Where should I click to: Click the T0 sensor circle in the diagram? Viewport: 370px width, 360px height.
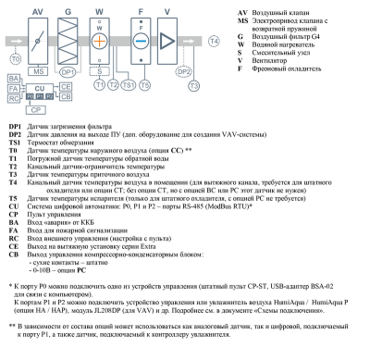tap(16, 59)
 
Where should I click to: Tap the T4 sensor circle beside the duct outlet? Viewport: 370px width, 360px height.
tap(214, 41)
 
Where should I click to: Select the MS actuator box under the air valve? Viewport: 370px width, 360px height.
tap(38, 71)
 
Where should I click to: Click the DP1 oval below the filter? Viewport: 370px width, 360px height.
tap(68, 72)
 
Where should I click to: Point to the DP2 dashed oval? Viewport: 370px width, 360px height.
tap(184, 72)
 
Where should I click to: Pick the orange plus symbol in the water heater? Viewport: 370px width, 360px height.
tap(100, 41)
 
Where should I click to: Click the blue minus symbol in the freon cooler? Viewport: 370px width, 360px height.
tap(141, 41)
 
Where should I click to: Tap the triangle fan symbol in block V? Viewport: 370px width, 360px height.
tap(167, 41)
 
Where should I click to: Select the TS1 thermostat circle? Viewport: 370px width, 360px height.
tap(129, 85)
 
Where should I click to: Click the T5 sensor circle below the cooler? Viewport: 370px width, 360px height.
tap(144, 85)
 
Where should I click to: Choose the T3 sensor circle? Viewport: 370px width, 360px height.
tap(193, 85)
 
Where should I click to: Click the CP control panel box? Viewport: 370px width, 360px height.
tap(36, 110)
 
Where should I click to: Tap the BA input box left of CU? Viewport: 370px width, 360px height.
tap(14, 79)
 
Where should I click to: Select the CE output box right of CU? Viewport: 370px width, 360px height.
tap(66, 87)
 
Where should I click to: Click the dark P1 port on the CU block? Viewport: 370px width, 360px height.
tap(40, 96)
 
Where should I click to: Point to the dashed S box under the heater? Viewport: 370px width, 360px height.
tap(100, 71)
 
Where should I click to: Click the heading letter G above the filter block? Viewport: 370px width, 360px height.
tap(68, 12)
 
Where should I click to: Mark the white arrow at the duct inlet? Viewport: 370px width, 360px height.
tap(17, 41)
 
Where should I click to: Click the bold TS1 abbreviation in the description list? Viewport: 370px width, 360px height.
tap(15, 143)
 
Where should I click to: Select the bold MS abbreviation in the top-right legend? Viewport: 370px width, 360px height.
tap(242, 20)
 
